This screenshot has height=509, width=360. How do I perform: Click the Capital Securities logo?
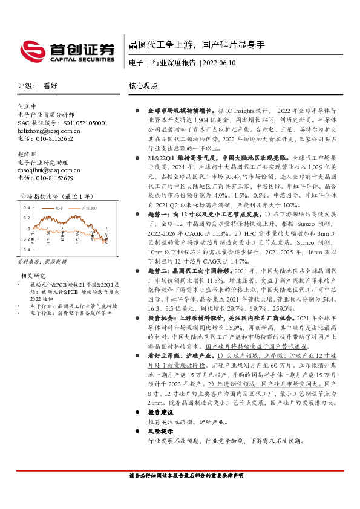[x=67, y=50]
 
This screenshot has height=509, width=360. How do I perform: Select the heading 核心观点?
[x=143, y=86]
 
